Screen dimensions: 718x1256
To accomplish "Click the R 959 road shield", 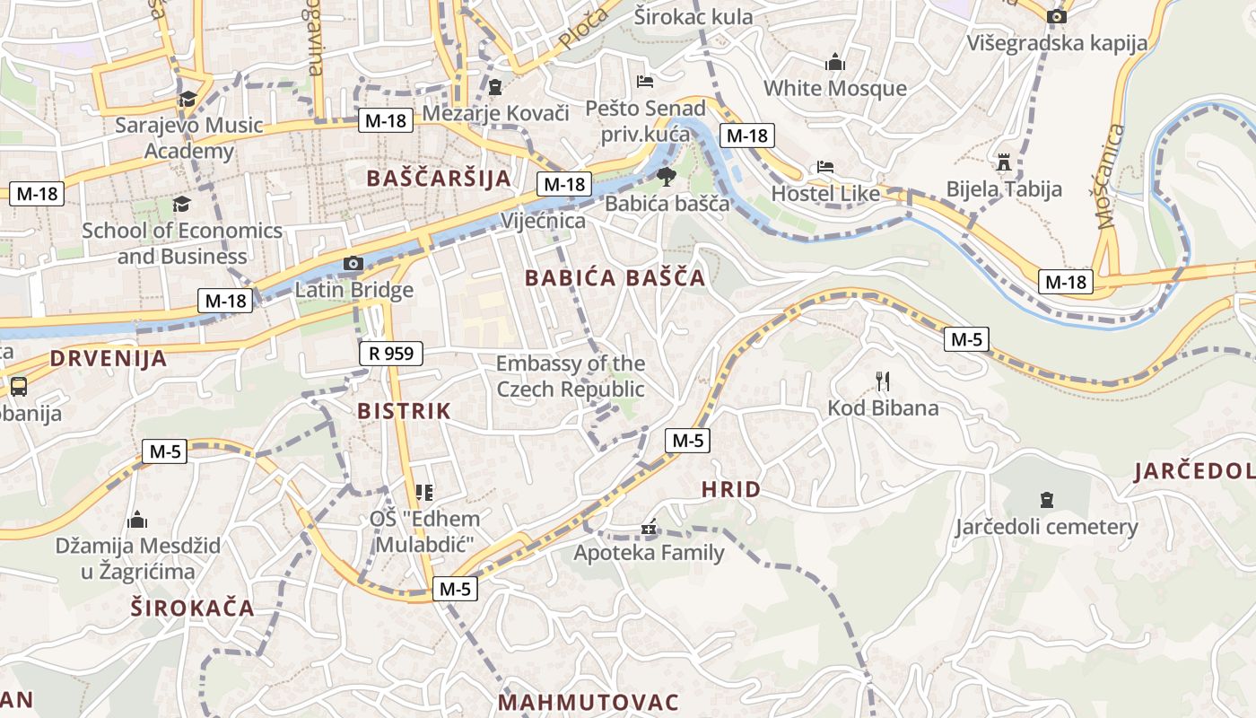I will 391,354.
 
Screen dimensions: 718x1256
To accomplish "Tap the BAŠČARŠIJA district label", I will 438,178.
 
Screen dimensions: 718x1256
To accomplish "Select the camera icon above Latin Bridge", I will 353,263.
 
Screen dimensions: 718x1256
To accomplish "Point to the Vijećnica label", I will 544,221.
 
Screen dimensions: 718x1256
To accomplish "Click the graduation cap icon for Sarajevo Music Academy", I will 188,99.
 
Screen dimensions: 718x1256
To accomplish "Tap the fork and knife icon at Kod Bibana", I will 883,381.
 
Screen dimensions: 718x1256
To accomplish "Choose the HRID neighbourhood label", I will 730,489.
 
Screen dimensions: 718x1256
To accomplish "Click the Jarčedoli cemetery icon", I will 1046,499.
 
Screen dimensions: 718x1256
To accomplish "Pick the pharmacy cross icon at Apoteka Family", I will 649,529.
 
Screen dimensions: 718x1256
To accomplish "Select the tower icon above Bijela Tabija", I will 1004,162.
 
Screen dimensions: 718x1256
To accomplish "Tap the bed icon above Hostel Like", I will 825,167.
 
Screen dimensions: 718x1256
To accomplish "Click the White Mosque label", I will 834,88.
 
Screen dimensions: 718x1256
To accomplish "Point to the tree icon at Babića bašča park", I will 666,176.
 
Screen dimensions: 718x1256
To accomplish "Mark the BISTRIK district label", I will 404,411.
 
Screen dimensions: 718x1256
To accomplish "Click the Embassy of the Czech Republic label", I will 571,376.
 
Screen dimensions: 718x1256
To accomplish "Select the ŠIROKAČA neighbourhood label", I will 193,608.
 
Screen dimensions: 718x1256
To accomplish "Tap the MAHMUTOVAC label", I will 588,702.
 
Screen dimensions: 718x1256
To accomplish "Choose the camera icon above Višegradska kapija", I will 1057,16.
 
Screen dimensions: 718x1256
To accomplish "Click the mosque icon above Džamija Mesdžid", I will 137,520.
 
